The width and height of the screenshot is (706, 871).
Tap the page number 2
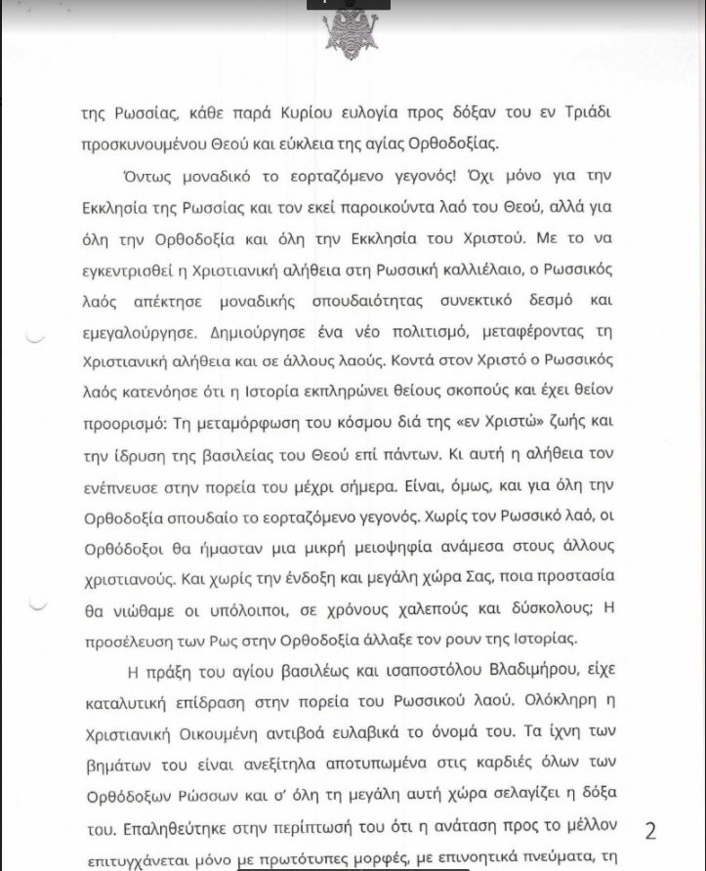[x=650, y=830]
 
